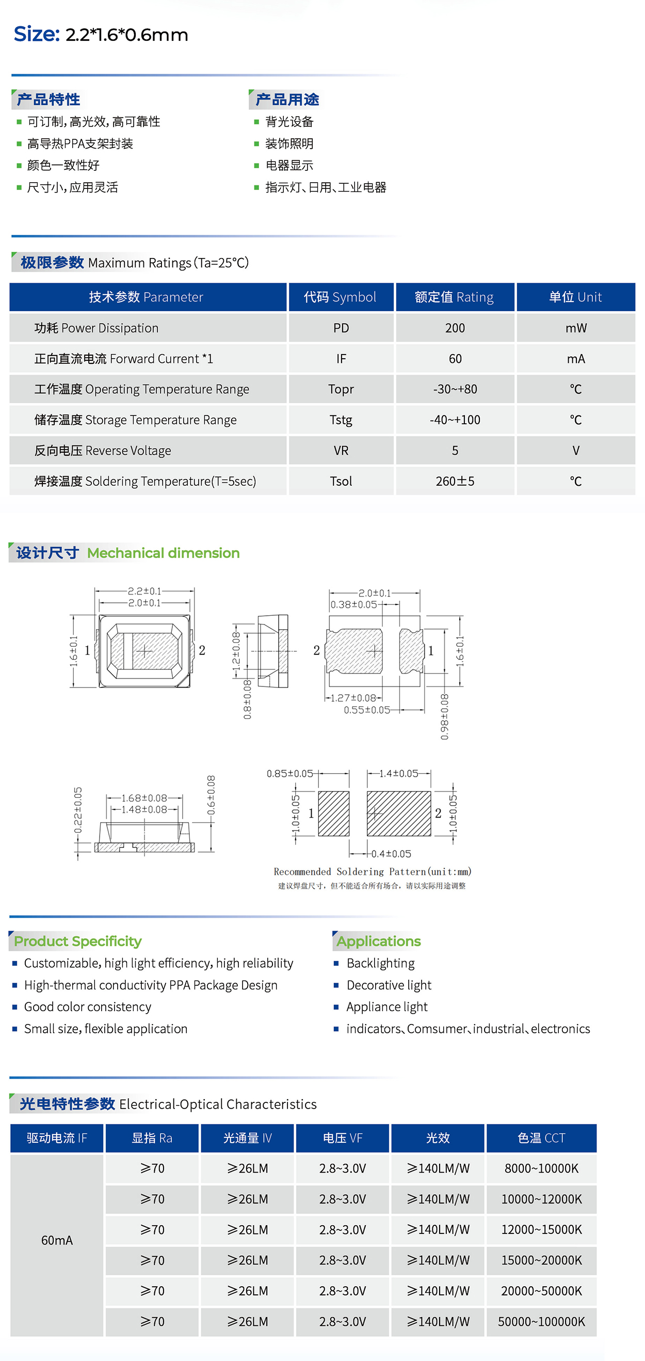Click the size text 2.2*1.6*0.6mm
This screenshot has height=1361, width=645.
tap(126, 35)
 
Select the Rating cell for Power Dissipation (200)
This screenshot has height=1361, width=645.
tap(455, 328)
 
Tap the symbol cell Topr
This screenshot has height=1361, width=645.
tap(341, 389)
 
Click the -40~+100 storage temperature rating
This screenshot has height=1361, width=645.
tap(455, 420)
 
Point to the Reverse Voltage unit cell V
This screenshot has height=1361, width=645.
tap(576, 451)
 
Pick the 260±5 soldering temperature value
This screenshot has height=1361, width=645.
tap(455, 482)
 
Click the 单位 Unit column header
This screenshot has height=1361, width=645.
tap(575, 297)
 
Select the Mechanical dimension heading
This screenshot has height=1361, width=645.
tap(163, 553)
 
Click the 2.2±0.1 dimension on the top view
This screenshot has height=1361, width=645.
tap(144, 591)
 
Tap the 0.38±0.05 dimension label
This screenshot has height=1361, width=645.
tap(353, 604)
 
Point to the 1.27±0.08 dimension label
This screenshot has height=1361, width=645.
tap(353, 698)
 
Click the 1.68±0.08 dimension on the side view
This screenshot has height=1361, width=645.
tap(144, 798)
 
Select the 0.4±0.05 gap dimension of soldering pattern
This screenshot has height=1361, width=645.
tap(391, 854)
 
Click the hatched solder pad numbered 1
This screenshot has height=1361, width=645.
tap(333, 813)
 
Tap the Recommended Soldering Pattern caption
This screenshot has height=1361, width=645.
tap(372, 872)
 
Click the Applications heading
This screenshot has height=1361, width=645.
tap(379, 941)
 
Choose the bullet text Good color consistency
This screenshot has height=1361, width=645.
tap(88, 1007)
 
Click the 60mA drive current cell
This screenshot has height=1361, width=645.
tap(57, 1240)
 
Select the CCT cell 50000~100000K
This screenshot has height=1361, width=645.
tap(541, 1322)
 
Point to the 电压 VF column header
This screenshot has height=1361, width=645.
tap(342, 1139)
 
